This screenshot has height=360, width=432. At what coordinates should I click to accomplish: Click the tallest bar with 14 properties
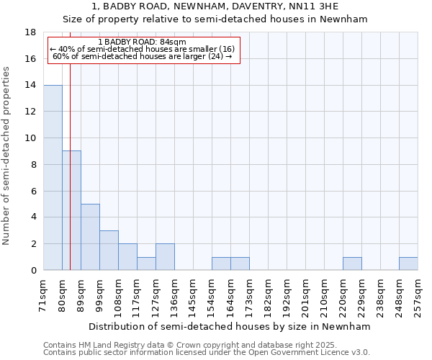click(x=53, y=177)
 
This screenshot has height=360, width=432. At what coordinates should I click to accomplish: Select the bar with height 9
click(x=71, y=210)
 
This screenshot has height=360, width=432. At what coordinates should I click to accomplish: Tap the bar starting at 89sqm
click(x=90, y=237)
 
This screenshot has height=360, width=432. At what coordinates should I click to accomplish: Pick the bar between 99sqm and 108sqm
click(x=109, y=250)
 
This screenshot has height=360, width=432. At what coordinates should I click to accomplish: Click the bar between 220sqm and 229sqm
click(x=352, y=264)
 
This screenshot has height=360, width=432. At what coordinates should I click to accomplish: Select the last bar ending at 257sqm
click(x=408, y=264)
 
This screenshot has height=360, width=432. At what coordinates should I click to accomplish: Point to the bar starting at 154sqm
click(x=221, y=264)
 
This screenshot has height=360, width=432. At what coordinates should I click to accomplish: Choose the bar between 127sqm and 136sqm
click(x=165, y=257)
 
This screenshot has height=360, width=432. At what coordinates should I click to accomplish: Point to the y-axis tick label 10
click(x=30, y=138)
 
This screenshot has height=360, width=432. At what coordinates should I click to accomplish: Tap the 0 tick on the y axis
click(x=33, y=271)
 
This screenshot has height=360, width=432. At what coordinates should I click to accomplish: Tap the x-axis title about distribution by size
click(x=230, y=326)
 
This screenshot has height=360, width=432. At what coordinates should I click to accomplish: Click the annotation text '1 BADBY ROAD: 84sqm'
click(x=142, y=42)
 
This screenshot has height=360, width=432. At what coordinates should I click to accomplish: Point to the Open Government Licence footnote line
click(x=207, y=353)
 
